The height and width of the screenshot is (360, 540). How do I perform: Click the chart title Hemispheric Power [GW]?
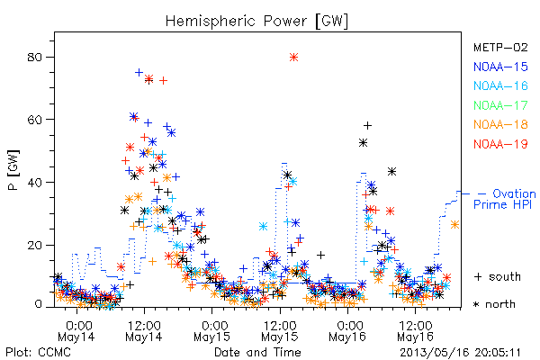[256, 22]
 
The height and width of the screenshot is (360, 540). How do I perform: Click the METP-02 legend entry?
[500, 47]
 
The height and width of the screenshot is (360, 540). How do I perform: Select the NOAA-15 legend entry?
[500, 67]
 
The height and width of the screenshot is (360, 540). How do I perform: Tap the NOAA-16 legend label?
[500, 85]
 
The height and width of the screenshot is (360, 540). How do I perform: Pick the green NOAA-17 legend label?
[500, 105]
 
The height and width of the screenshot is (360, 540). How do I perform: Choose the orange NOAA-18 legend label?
[500, 124]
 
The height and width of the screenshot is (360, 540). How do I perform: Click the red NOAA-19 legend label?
[500, 144]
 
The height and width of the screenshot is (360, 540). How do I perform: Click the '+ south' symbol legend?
[498, 276]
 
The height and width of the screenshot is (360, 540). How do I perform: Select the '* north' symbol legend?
[494, 304]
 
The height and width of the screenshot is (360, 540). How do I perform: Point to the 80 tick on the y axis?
[34, 57]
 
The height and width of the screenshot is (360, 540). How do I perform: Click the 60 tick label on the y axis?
[34, 120]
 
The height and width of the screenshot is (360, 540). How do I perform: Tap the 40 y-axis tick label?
[34, 182]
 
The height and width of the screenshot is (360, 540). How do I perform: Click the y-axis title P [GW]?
[14, 170]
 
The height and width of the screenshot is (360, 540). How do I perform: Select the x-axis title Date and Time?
[257, 352]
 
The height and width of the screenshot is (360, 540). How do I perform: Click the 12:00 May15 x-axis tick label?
[280, 331]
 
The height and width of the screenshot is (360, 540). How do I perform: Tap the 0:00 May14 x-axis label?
[76, 331]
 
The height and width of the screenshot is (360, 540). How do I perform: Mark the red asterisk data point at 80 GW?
[293, 58]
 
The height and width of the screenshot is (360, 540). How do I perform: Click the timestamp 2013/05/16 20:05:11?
[460, 353]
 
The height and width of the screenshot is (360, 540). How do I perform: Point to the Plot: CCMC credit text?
[38, 352]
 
